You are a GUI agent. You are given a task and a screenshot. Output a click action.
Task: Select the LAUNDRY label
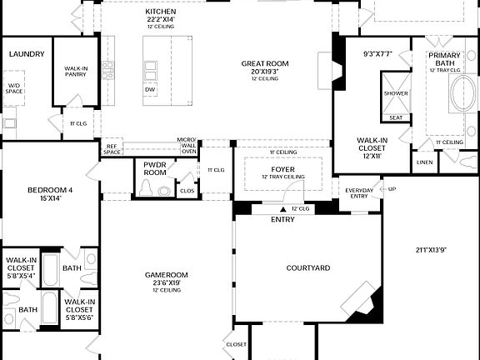[x=26, y=54]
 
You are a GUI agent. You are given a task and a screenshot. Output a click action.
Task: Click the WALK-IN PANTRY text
[x=76, y=72]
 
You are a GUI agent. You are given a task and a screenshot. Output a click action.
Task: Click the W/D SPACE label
[x=14, y=87]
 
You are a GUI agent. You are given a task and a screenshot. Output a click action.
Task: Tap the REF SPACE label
[x=112, y=148]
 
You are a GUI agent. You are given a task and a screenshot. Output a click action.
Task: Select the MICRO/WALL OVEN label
[x=188, y=146]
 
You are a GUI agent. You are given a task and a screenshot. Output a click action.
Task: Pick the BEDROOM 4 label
[x=50, y=191]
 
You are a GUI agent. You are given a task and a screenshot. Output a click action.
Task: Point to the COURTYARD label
[x=308, y=268]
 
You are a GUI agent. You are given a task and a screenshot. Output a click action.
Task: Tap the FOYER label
[x=282, y=169]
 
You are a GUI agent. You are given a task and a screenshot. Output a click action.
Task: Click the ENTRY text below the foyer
[x=282, y=220]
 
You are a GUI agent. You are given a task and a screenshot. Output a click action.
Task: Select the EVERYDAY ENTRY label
[x=359, y=193]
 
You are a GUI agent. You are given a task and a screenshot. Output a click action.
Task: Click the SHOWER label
[x=396, y=93]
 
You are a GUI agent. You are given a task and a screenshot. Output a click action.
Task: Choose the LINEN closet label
[x=424, y=162]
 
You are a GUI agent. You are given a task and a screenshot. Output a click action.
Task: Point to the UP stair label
[x=392, y=189]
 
